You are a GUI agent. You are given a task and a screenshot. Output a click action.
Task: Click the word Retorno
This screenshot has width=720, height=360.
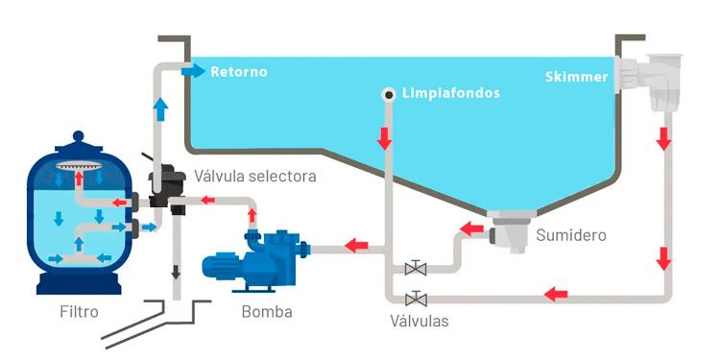click(239, 72)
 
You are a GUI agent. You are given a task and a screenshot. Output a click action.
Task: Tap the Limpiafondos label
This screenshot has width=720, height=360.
click(451, 93)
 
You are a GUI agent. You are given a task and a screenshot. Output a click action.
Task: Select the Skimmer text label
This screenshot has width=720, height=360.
click(577, 77)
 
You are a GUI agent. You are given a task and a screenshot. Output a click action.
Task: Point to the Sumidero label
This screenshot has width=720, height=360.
click(571, 235)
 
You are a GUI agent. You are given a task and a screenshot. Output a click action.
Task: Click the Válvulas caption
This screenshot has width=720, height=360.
click(420, 321)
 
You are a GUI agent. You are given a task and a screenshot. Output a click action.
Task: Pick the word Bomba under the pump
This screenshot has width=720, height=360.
click(267, 312)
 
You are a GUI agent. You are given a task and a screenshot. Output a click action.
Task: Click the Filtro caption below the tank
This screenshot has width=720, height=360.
click(79, 312)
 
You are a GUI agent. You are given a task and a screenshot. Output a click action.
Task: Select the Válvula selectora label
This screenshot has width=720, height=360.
click(255, 176)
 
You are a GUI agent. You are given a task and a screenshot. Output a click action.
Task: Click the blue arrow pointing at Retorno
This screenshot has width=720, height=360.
click(193, 71)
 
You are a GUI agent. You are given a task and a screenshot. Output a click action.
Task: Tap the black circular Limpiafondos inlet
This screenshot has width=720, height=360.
click(389, 95)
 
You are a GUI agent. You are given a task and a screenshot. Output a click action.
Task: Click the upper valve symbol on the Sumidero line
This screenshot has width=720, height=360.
click(416, 267)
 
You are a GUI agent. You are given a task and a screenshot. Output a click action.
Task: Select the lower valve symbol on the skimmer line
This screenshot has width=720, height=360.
click(416, 299)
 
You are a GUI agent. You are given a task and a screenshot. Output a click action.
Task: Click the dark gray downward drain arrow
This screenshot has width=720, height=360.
click(176, 273)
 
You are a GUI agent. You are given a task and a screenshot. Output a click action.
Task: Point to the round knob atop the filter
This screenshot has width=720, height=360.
click(79, 136)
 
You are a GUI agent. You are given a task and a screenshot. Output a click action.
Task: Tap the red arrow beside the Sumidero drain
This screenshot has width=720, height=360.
click(471, 228)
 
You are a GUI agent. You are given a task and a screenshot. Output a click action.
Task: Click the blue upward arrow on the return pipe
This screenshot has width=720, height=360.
click(160, 109)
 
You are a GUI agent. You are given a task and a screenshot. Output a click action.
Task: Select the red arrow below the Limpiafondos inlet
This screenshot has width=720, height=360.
click(385, 138)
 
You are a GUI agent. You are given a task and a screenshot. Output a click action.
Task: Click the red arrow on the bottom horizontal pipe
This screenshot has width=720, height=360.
click(556, 294)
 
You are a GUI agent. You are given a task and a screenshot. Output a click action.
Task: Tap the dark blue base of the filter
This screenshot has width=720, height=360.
click(79, 283)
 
